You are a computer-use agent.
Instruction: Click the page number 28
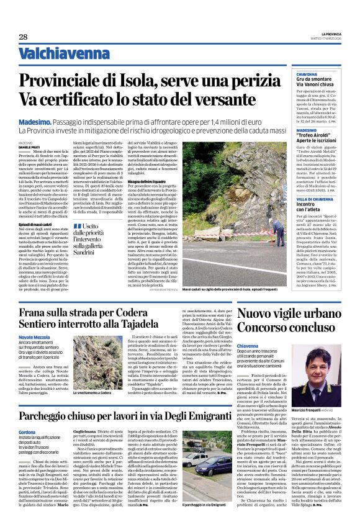pyautogui.click(x=23, y=37)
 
